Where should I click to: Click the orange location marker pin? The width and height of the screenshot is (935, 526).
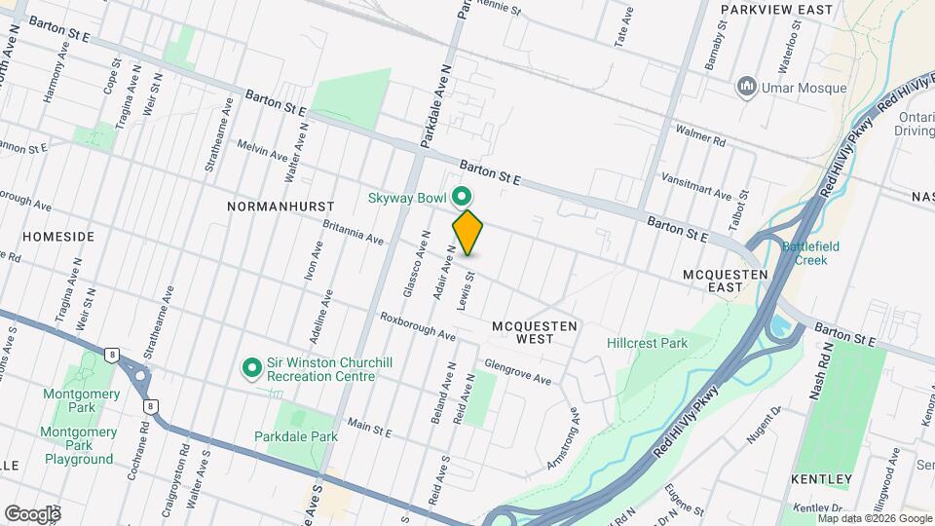click(x=467, y=233)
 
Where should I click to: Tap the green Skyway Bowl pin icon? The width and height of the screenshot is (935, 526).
click(x=463, y=197)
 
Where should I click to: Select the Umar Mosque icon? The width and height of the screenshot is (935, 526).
click(x=747, y=88)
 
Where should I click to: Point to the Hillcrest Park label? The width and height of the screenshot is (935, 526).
click(x=647, y=343)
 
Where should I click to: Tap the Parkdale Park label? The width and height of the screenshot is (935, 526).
click(x=295, y=436)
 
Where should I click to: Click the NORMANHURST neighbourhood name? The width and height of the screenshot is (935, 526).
click(x=280, y=207)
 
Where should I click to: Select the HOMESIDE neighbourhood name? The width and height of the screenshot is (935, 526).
click(x=58, y=237)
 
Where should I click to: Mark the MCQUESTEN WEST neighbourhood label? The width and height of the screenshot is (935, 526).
click(x=535, y=332)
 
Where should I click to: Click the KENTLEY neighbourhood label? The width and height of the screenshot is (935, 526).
click(x=822, y=479)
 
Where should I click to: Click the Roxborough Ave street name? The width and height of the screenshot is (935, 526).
click(x=418, y=326)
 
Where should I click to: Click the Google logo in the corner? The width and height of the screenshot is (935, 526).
click(x=32, y=513)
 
